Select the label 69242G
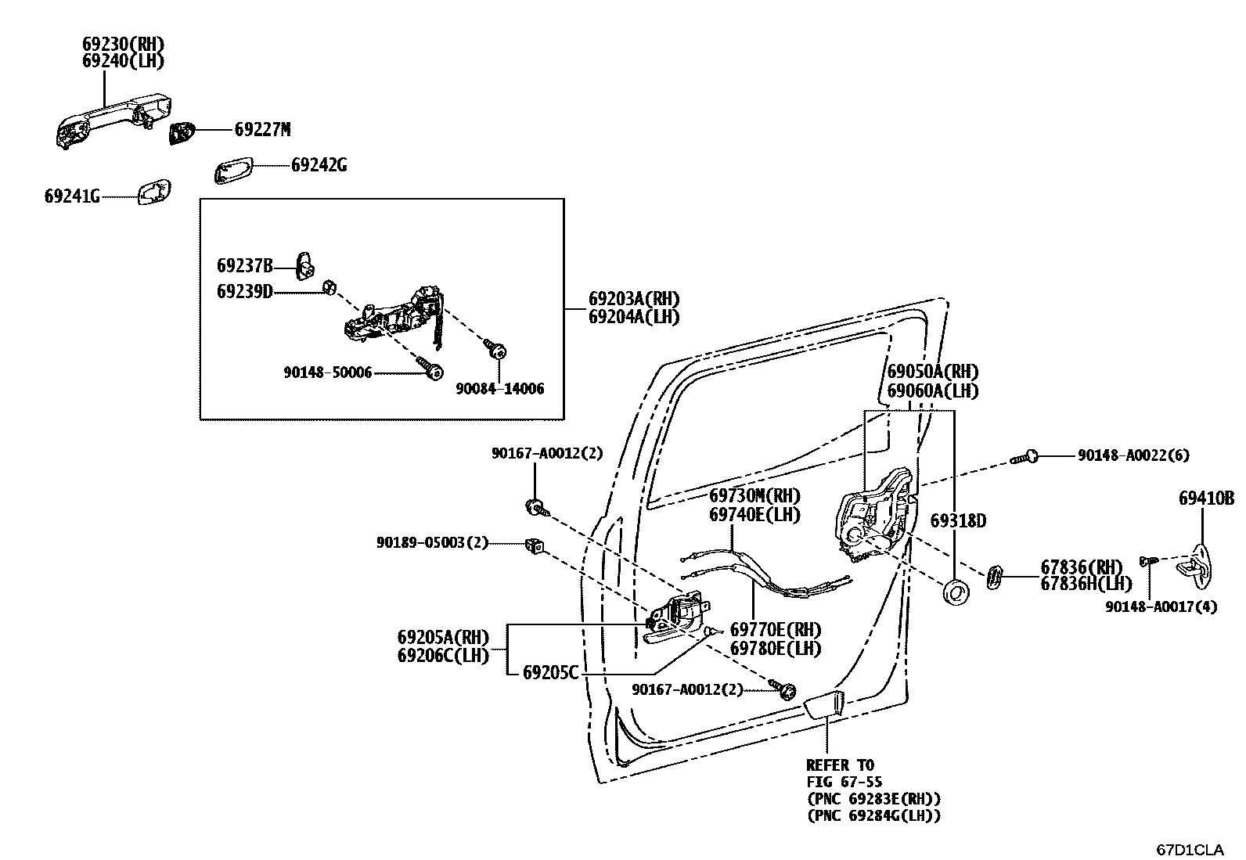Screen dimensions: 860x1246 (x=319, y=165)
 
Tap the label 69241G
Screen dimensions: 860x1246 (x=72, y=196)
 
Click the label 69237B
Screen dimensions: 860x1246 (x=244, y=266)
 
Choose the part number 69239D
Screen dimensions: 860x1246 (x=244, y=292)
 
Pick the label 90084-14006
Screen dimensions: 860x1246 (x=501, y=389)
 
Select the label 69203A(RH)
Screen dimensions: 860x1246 (x=634, y=298)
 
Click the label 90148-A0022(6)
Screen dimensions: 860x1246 (x=1133, y=455)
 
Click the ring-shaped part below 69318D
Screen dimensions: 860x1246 (x=956, y=592)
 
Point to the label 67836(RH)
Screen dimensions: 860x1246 (x=1081, y=567)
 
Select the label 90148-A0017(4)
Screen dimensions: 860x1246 (x=1161, y=606)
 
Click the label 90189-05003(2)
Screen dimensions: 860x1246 (x=432, y=542)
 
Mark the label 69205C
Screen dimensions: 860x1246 (x=550, y=671)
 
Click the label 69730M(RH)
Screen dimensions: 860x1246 (x=755, y=496)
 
